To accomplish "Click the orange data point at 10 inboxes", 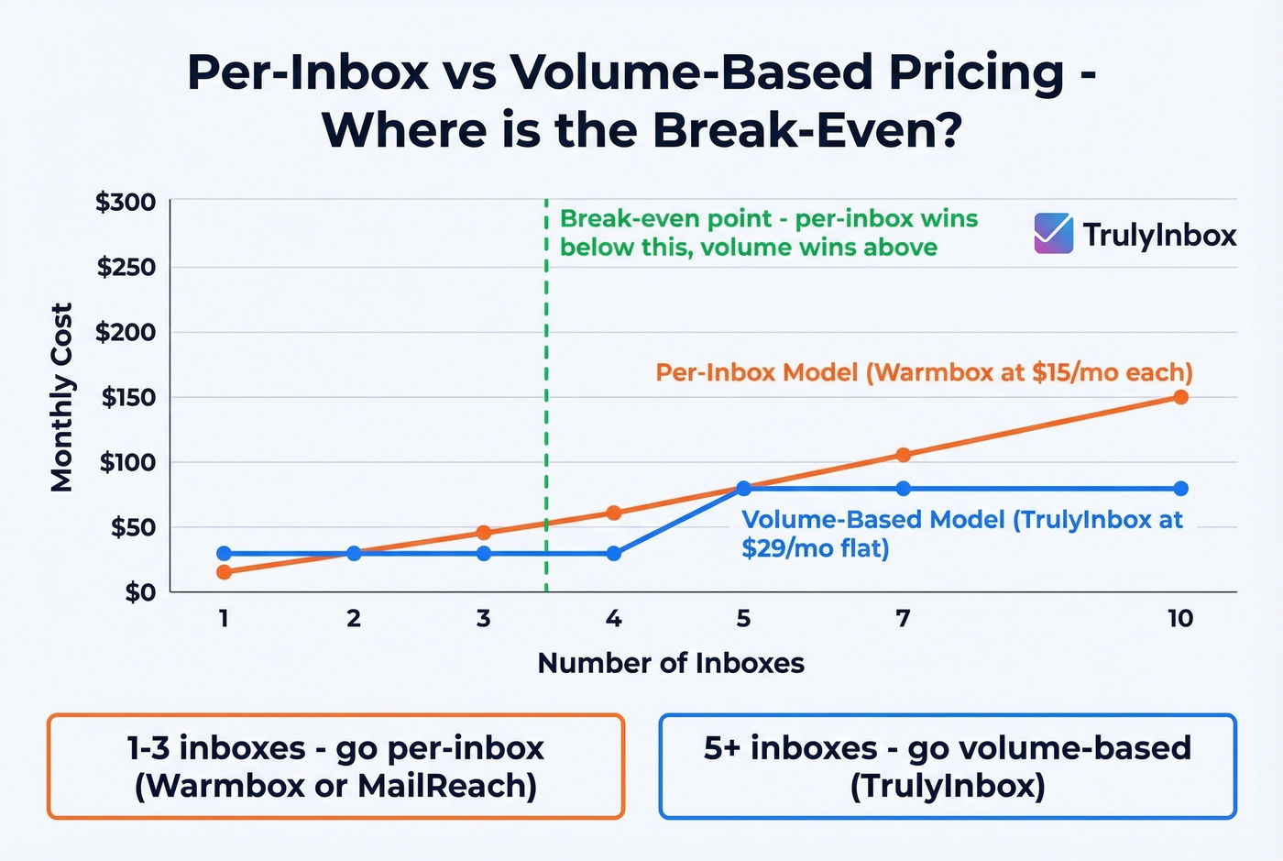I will [1180, 397].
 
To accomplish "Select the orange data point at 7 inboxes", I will [903, 455].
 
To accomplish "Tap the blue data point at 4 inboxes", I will [614, 554].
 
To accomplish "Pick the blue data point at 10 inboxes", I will [1180, 489].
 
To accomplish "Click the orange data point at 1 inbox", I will [224, 572].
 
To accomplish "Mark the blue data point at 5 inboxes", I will [743, 489].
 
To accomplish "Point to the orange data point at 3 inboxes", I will [484, 533].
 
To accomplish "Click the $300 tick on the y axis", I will [126, 202].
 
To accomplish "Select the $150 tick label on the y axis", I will [127, 397].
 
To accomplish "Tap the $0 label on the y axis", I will [140, 592].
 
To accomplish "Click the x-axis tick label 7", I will [903, 619].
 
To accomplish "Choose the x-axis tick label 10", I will [1180, 619].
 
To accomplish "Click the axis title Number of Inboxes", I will [671, 663].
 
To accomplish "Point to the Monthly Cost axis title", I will [61, 397].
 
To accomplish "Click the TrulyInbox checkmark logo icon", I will [1053, 234].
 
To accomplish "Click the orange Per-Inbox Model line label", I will [924, 372].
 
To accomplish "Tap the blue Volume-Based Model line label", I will [961, 533].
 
